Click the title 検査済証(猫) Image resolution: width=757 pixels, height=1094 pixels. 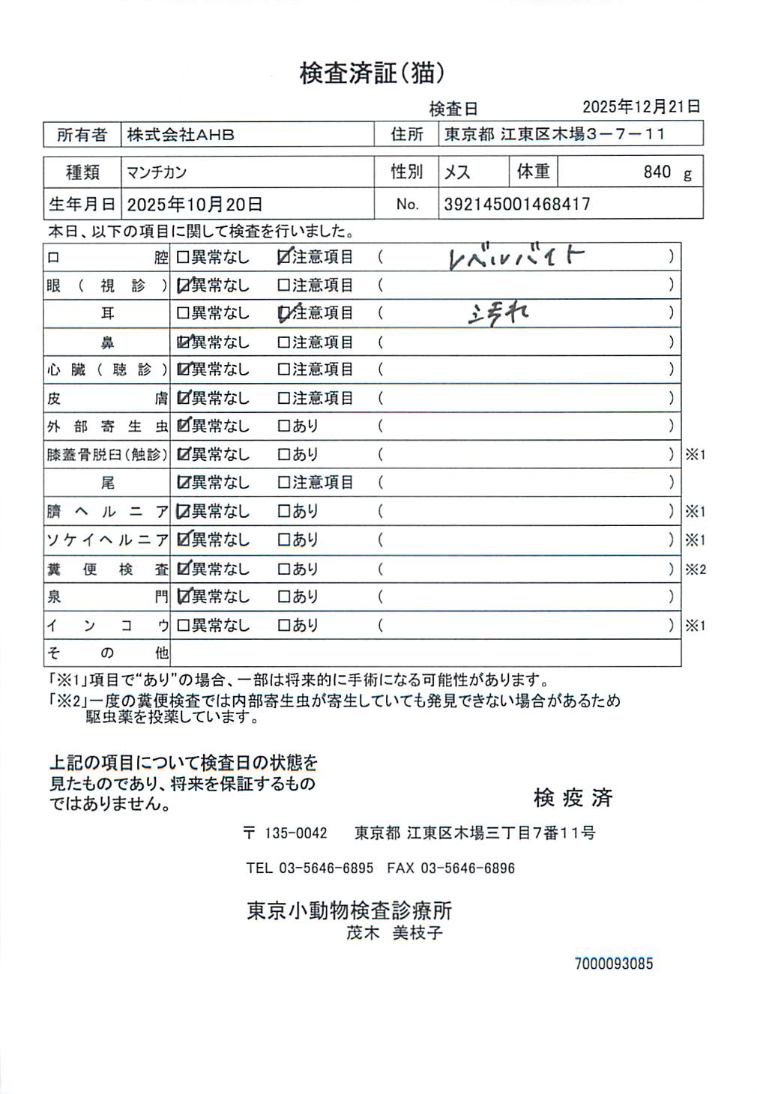(x=373, y=73)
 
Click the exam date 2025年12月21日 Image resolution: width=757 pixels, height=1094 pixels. (x=642, y=106)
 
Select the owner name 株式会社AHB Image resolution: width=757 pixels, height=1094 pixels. (x=180, y=135)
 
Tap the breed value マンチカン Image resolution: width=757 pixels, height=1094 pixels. (x=157, y=172)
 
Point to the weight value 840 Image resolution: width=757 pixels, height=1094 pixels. (x=657, y=172)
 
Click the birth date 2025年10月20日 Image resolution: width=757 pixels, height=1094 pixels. (x=195, y=204)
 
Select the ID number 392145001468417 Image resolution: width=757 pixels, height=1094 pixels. (x=517, y=204)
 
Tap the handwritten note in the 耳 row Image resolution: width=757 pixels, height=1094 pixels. (x=498, y=314)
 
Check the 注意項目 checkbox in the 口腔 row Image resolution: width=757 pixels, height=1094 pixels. (x=284, y=257)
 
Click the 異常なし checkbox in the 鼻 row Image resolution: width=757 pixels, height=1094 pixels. (x=183, y=342)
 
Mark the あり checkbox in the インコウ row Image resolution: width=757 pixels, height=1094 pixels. (x=284, y=625)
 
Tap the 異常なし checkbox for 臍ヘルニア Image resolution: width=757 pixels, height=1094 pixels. (x=183, y=512)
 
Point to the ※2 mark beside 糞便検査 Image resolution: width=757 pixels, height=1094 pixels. (x=695, y=569)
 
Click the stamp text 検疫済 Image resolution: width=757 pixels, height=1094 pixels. (x=573, y=798)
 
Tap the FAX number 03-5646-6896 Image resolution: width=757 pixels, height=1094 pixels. (x=468, y=868)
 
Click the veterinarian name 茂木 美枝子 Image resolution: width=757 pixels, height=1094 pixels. (x=394, y=933)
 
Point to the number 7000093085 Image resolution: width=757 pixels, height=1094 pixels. (x=614, y=964)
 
